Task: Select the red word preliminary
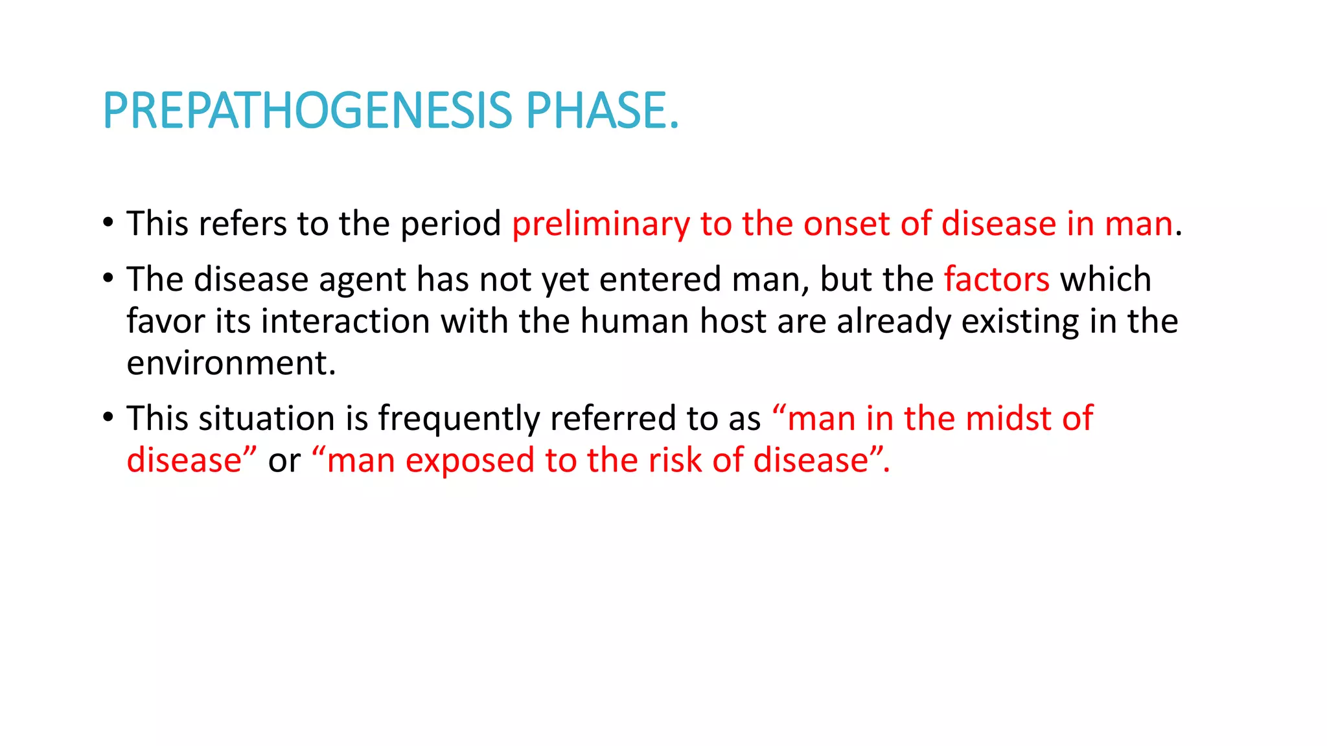point(601,224)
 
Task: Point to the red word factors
point(997,280)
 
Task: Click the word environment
point(231,363)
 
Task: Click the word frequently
point(459,418)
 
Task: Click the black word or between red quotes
point(284,460)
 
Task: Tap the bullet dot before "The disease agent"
point(108,278)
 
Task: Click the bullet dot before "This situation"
point(108,418)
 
